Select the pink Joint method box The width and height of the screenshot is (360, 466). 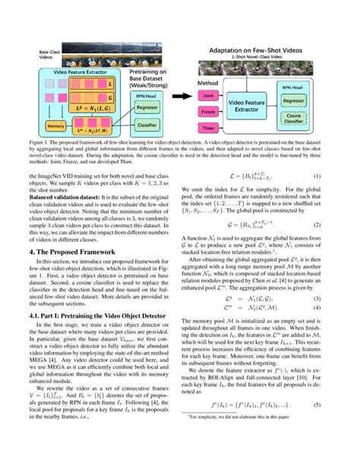[209, 97]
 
